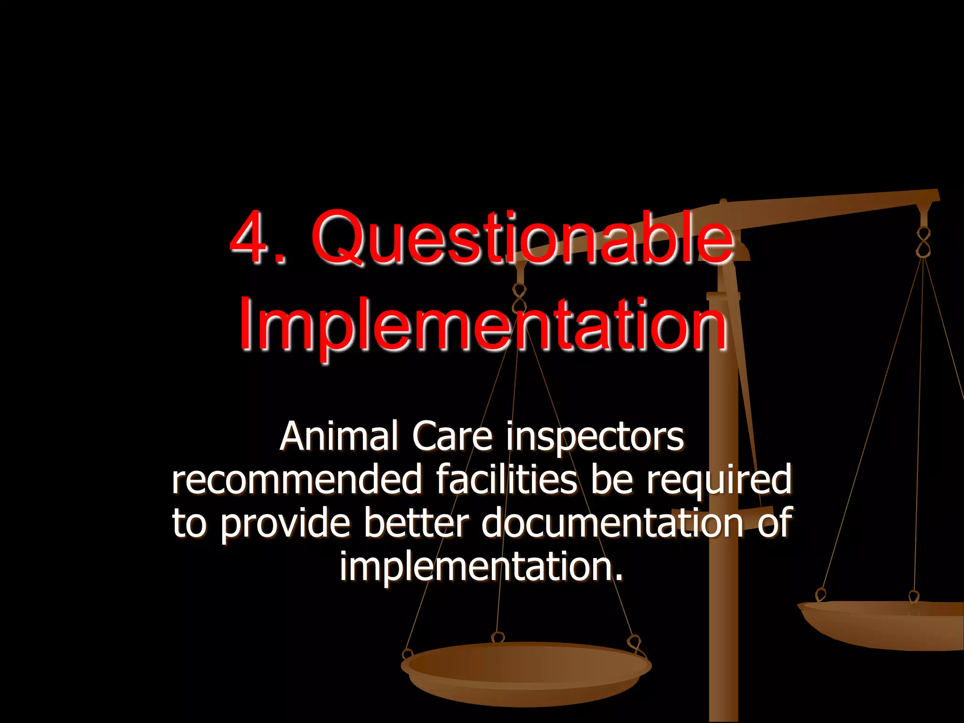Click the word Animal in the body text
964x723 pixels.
pyautogui.click(x=338, y=436)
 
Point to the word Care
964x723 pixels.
pyautogui.click(x=452, y=436)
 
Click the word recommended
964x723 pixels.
pyautogui.click(x=297, y=480)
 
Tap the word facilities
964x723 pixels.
pyautogui.click(x=506, y=480)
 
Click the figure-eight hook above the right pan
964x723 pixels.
pyautogui.click(x=924, y=242)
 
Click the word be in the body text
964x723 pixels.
pyautogui.click(x=611, y=480)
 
